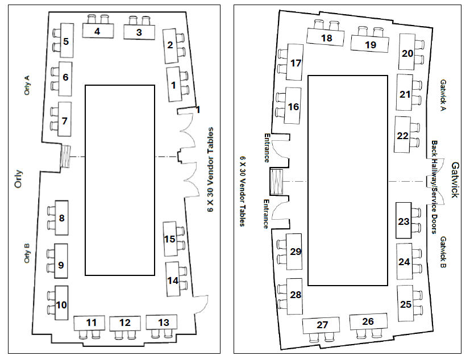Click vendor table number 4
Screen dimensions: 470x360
tap(98, 31)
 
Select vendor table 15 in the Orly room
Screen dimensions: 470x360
tap(170, 239)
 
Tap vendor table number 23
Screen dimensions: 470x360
tap(404, 221)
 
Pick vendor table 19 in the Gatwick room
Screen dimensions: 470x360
tap(370, 44)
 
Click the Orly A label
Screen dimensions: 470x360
tap(27, 85)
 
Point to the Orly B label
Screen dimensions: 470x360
tap(27, 253)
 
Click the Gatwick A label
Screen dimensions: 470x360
tap(443, 95)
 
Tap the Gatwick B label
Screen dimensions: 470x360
tap(443, 252)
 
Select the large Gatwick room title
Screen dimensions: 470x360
tap(455, 180)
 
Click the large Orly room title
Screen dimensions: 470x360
tap(18, 179)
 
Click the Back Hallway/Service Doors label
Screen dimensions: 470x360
tap(434, 187)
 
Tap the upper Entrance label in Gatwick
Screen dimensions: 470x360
tap(267, 148)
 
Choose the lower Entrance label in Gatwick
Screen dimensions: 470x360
tap(266, 214)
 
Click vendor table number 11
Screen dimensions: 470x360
tap(89, 323)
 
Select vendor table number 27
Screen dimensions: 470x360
tap(321, 325)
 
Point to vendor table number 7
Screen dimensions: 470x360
tap(64, 119)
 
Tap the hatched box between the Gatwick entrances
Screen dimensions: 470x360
tap(277, 182)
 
